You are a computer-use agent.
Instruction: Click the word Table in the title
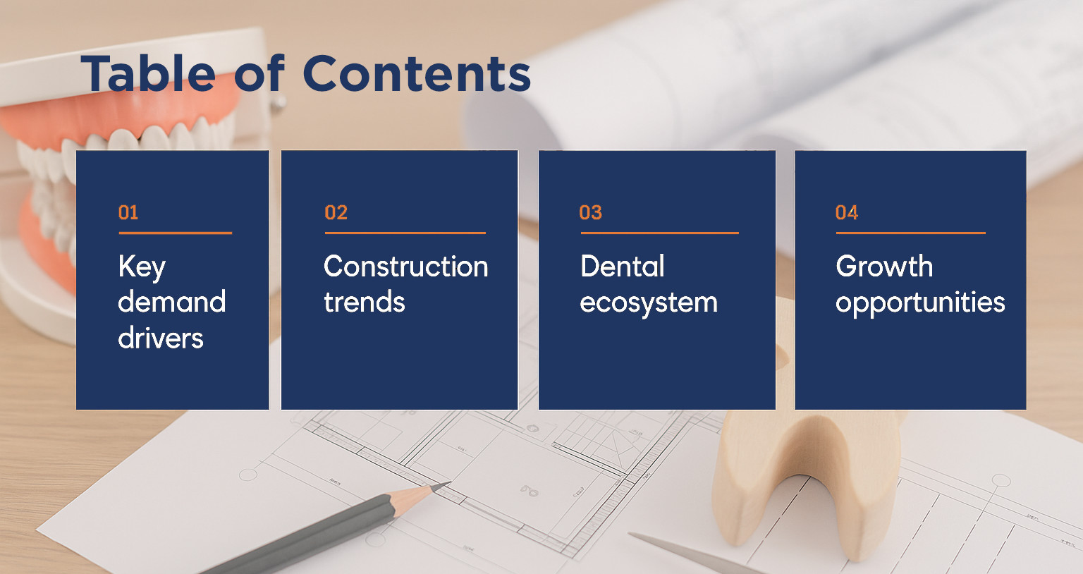148,73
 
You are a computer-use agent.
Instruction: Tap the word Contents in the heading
417,73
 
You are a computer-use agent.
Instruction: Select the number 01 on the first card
128,213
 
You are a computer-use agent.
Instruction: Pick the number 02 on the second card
336,213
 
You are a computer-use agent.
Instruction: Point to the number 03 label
591,213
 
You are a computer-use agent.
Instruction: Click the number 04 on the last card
847,213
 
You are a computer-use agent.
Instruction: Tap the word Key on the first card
142,267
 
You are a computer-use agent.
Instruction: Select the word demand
171,302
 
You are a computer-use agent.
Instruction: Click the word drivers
161,338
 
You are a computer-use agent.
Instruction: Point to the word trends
365,302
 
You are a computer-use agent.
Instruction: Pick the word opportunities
921,303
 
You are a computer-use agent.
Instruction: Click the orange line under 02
405,233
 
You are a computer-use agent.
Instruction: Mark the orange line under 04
911,233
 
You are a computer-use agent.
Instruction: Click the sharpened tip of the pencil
449,482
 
